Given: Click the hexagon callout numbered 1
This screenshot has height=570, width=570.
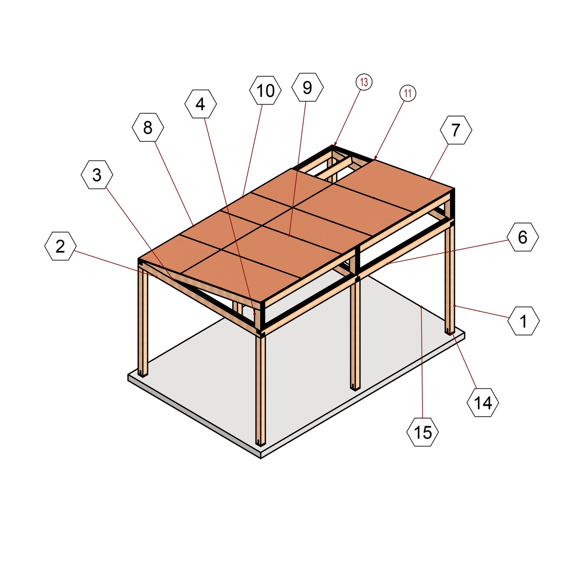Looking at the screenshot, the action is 523,321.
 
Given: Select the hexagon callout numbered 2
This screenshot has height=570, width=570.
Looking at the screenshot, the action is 60,246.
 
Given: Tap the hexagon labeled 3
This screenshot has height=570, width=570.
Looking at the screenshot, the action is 97,175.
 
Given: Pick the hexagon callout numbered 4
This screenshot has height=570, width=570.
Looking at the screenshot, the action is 200,104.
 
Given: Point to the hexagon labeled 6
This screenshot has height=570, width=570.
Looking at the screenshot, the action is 523,237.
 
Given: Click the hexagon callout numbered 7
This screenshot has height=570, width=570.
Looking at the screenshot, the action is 456,130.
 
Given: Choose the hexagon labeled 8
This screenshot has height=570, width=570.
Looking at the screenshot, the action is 148,127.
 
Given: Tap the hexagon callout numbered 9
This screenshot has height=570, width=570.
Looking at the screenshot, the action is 307,87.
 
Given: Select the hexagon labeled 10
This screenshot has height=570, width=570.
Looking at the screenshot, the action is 265,90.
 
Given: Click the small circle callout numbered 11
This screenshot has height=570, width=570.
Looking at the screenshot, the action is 407,93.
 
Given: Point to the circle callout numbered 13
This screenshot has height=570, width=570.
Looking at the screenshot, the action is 364,82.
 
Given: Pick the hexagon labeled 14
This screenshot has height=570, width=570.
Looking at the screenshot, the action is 483,403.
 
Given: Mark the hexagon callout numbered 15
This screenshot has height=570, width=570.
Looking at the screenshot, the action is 423,432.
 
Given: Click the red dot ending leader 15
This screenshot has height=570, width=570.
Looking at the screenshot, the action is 421,307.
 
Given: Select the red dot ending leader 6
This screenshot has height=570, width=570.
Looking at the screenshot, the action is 387,263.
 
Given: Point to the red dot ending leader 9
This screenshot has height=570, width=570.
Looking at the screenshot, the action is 289,235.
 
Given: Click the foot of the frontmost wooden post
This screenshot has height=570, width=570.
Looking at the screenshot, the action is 260,444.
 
